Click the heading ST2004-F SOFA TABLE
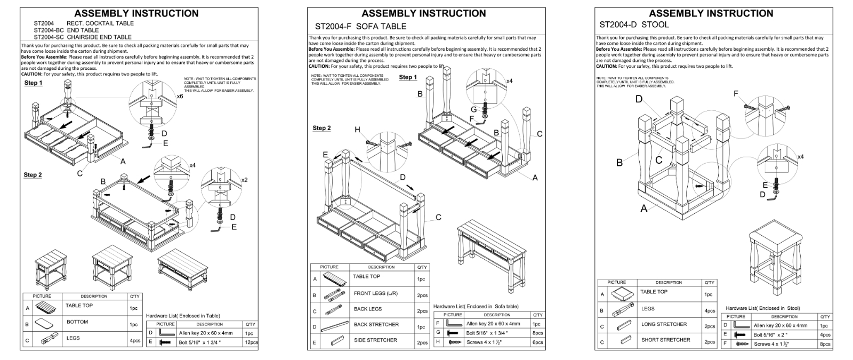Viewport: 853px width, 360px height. pyautogui.click(x=360, y=26)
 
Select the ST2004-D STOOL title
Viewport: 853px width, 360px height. pyautogui.click(x=634, y=25)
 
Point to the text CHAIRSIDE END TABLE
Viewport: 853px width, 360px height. pyautogui.click(x=99, y=37)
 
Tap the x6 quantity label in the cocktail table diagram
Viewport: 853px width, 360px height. pyautogui.click(x=180, y=97)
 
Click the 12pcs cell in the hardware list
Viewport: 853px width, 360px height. pyautogui.click(x=251, y=342)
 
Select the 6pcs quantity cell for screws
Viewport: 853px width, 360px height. pyautogui.click(x=537, y=342)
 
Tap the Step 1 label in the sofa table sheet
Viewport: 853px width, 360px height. pyautogui.click(x=408, y=77)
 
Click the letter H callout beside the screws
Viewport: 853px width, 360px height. pyautogui.click(x=357, y=130)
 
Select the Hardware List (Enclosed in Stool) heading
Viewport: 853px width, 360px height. pyautogui.click(x=762, y=308)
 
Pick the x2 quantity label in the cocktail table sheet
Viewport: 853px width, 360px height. pyautogui.click(x=244, y=180)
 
